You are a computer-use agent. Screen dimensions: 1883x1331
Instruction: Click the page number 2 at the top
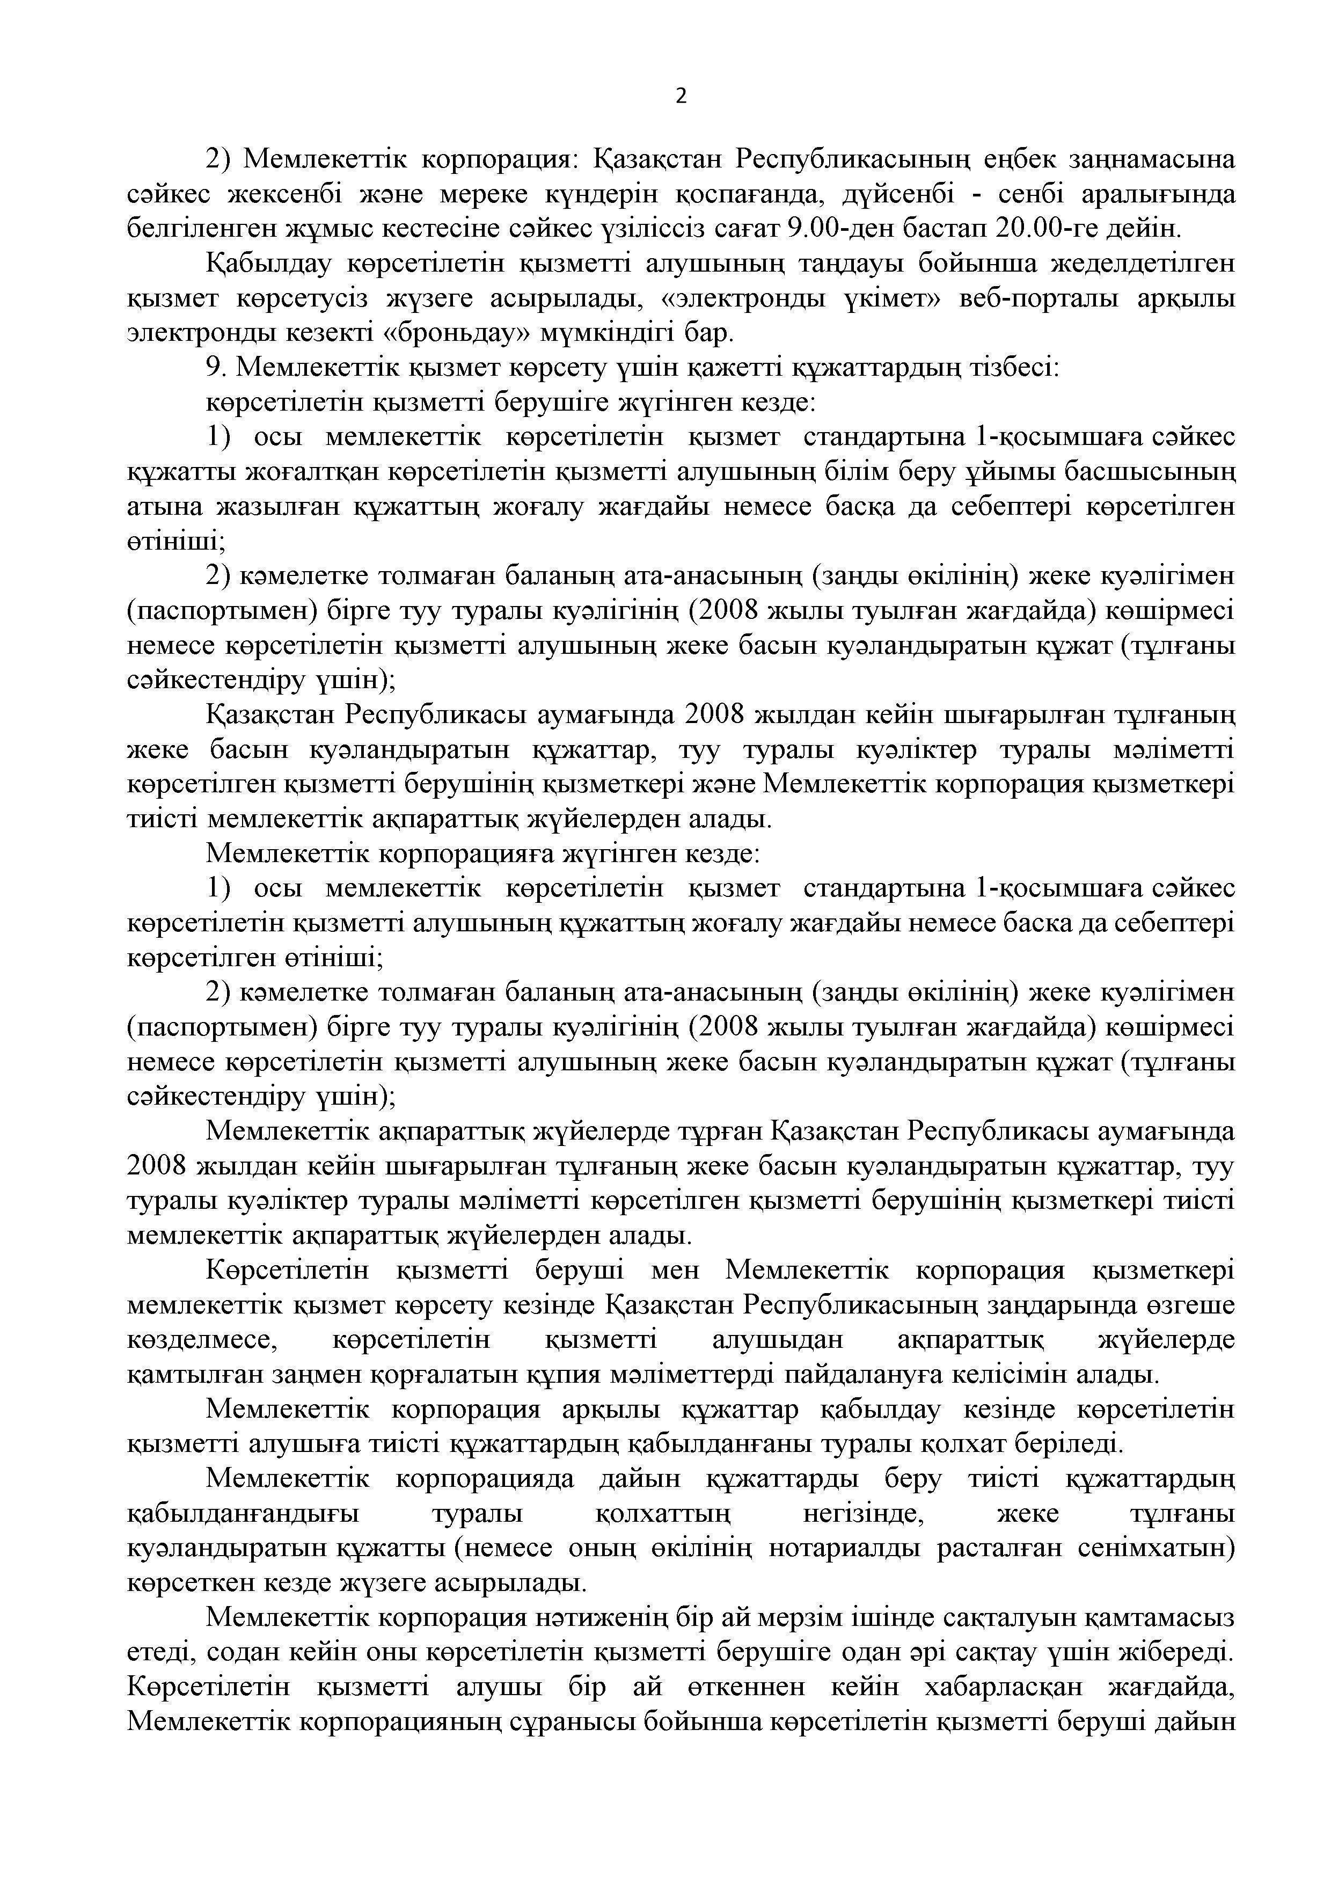681,97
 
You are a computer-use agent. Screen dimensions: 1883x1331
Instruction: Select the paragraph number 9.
216,368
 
